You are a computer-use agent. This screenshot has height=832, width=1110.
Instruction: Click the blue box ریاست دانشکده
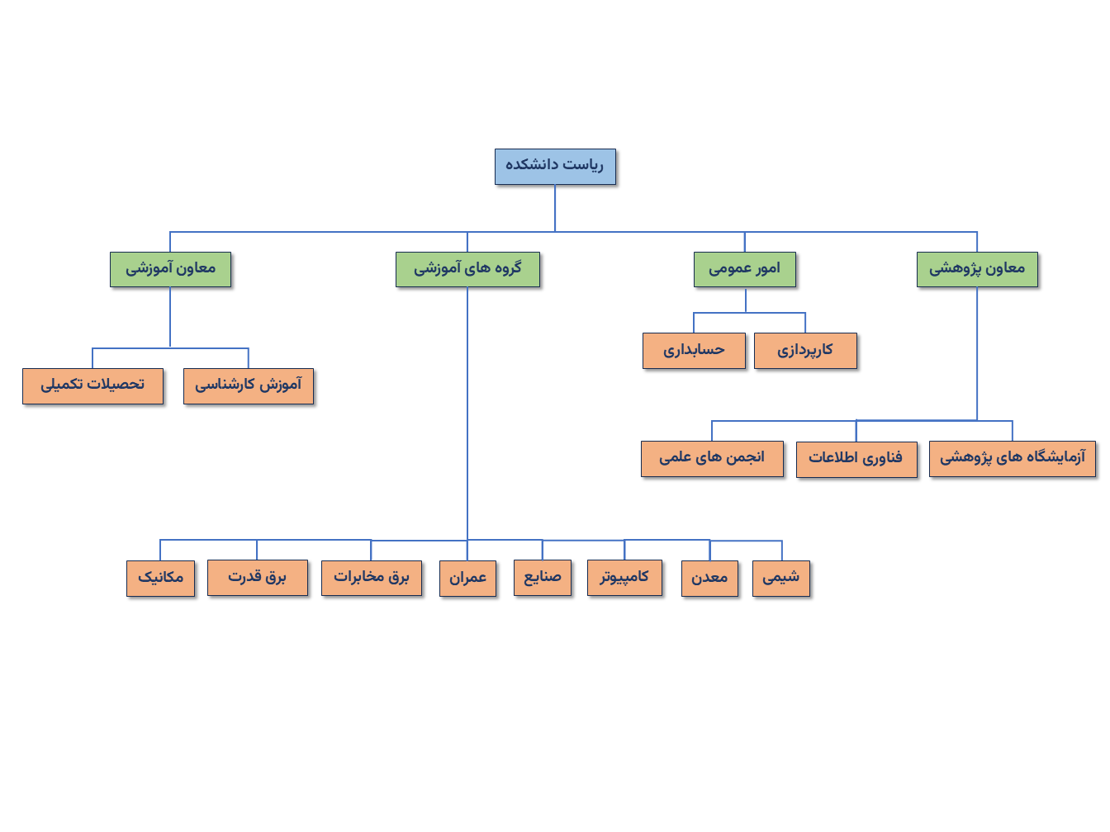[x=555, y=167]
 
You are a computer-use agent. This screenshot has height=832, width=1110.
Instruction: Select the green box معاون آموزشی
[x=170, y=269]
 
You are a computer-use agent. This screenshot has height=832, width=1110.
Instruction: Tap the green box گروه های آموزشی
[x=467, y=269]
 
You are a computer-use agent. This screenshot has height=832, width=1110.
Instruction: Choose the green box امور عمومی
[x=744, y=269]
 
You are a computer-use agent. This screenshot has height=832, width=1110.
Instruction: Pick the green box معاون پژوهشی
[x=977, y=269]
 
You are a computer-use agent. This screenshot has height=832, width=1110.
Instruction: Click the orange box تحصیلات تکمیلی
[x=92, y=385]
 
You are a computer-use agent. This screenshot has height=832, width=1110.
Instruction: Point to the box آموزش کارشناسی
[x=249, y=385]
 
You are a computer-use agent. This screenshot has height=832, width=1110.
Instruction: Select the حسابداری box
[x=694, y=350]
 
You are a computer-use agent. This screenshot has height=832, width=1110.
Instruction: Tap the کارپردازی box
[x=805, y=350]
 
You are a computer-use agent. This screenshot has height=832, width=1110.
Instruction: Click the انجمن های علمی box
[x=712, y=458]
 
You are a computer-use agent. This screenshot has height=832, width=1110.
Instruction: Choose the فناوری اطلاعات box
[x=856, y=458]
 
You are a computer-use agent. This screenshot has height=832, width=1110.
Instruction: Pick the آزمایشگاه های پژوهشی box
[x=1013, y=458]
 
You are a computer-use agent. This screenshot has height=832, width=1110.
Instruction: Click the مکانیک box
[x=160, y=578]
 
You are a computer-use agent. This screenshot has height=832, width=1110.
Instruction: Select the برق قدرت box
[x=257, y=578]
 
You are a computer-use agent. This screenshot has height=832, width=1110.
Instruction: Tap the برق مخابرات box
[x=372, y=578]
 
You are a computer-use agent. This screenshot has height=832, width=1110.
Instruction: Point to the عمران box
[x=467, y=578]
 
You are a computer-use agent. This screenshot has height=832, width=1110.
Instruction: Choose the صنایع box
[x=543, y=578]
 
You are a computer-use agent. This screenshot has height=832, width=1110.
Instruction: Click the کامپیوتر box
[x=624, y=578]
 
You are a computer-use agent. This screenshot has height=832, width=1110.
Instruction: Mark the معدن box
[x=709, y=578]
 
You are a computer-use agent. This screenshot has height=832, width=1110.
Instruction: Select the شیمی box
[x=781, y=578]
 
